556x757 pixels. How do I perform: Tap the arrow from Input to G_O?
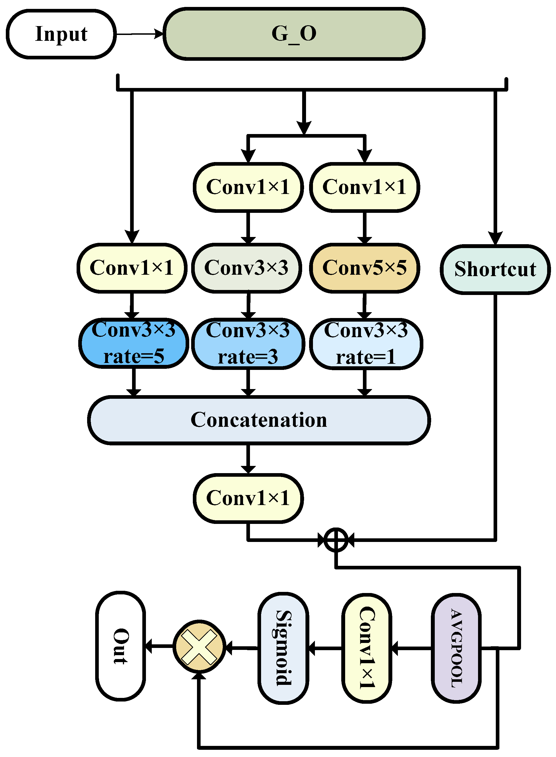click(139, 34)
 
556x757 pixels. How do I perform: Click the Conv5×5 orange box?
click(364, 268)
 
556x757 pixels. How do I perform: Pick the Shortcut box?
click(495, 269)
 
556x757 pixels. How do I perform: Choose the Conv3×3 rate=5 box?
click(134, 343)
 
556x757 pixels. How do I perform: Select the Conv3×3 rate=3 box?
click(248, 343)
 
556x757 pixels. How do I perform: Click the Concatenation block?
click(259, 420)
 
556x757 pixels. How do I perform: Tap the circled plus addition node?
click(335, 540)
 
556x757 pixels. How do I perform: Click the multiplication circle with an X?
click(199, 647)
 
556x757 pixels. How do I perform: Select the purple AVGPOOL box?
click(456, 648)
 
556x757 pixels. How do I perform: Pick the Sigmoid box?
click(283, 648)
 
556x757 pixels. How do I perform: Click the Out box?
click(120, 646)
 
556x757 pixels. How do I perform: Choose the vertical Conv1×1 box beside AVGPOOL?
click(367, 648)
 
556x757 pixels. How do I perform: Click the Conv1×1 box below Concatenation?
click(248, 498)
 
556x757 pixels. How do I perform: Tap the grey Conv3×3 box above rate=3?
click(246, 268)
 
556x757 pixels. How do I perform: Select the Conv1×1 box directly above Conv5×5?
click(364, 187)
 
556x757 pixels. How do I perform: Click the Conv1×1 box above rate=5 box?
click(132, 268)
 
